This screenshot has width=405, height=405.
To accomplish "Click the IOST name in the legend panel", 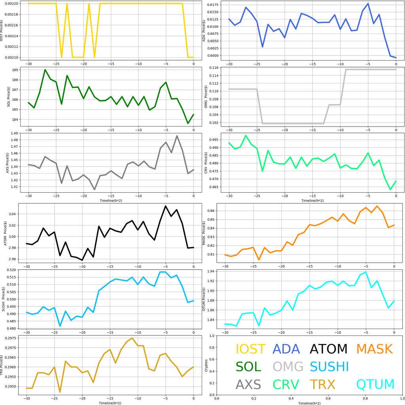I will click(x=250, y=349).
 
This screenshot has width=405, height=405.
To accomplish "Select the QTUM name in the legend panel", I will click(x=375, y=384).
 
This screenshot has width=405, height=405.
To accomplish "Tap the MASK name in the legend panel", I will click(x=374, y=349).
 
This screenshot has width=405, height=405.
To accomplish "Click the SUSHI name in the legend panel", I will click(x=329, y=367).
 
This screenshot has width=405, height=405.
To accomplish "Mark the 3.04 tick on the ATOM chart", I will click(x=15, y=214).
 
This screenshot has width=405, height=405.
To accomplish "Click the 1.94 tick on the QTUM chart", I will click(x=216, y=271).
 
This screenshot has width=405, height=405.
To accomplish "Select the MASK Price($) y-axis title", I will click(x=204, y=233).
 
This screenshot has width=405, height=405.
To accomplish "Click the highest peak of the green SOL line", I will click(x=45, y=70).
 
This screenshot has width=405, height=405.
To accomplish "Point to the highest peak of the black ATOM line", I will click(x=166, y=206).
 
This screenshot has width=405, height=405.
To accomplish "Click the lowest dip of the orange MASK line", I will click(x=259, y=260).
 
